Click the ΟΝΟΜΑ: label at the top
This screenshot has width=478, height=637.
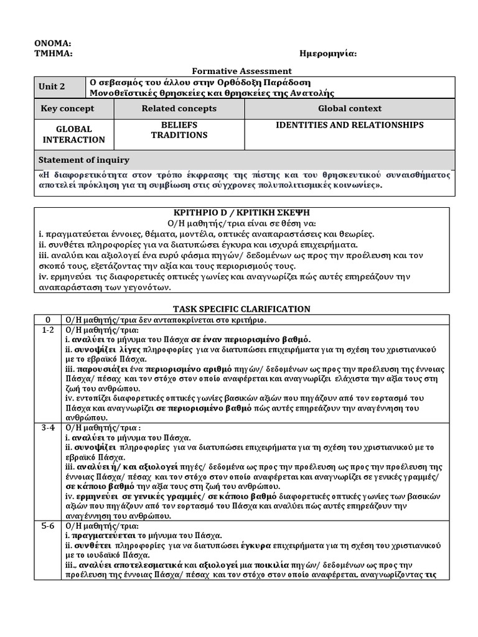[x=52, y=44]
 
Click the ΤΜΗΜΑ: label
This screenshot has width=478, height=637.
[x=53, y=53]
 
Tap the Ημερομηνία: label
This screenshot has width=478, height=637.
[x=328, y=53]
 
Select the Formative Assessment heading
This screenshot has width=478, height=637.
[x=239, y=72]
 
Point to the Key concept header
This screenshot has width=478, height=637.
[x=67, y=109]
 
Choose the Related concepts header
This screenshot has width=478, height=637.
[x=179, y=109]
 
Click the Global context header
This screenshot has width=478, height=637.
[x=349, y=109]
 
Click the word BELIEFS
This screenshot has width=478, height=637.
[x=179, y=125]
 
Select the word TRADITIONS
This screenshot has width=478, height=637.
[x=179, y=135]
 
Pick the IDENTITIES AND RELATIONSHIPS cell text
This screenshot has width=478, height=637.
[x=349, y=125]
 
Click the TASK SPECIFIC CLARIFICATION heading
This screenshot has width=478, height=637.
[x=241, y=309]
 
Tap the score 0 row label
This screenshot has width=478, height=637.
[x=48, y=320]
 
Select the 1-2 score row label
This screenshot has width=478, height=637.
[x=48, y=330]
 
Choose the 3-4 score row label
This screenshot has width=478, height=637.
[x=48, y=428]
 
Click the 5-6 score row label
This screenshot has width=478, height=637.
[x=48, y=526]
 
